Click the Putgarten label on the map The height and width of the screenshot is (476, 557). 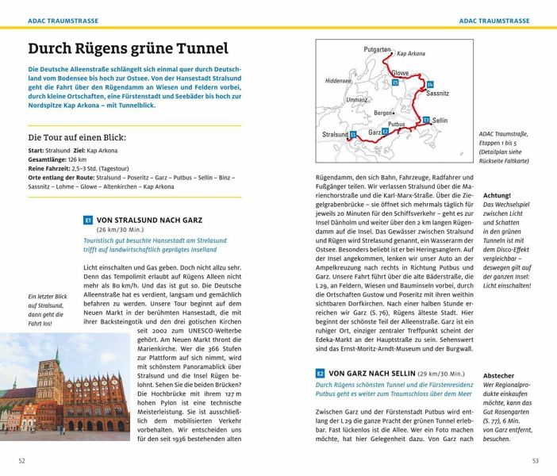pos(377,49)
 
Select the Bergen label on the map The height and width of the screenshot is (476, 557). pos(383,113)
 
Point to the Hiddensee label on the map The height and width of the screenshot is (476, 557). pos(338,81)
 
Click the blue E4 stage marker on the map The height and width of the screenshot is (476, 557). pos(429,84)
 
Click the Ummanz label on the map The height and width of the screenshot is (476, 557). pos(356,100)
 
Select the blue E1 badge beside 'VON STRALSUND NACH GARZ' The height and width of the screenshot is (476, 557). pos(88,221)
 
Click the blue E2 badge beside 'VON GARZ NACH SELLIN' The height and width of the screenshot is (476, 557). pos(321,372)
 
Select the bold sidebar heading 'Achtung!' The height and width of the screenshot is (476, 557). pos(497,194)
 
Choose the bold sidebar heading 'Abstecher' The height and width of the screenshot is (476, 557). pos(498,375)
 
